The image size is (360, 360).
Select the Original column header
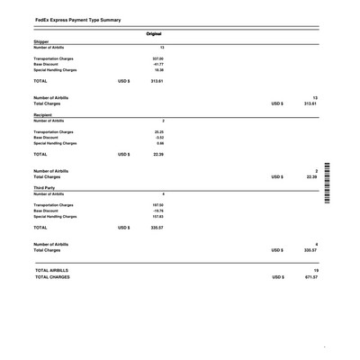(154, 34)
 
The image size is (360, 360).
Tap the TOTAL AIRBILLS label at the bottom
(51, 270)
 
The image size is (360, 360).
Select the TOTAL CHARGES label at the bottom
(52, 277)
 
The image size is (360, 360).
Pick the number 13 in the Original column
(161, 47)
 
